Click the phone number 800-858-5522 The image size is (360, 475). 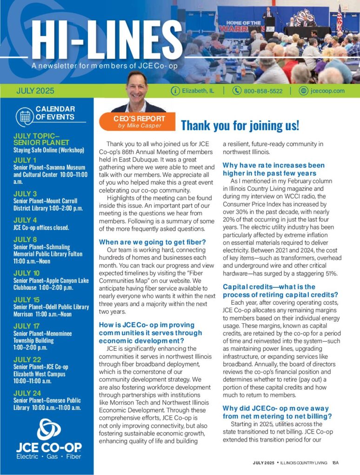point(263,91)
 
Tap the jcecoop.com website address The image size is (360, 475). point(328,91)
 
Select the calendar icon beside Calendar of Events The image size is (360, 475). point(24,117)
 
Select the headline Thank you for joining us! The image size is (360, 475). point(240,125)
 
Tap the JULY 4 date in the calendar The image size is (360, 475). point(25,220)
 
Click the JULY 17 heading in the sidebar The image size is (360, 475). point(27,326)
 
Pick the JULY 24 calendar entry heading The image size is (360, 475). point(27,393)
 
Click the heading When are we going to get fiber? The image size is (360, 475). point(153,241)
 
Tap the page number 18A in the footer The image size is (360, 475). point(335,463)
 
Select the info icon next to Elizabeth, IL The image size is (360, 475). point(175,91)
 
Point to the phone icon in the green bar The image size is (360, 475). point(237,91)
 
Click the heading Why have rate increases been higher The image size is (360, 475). point(273,169)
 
